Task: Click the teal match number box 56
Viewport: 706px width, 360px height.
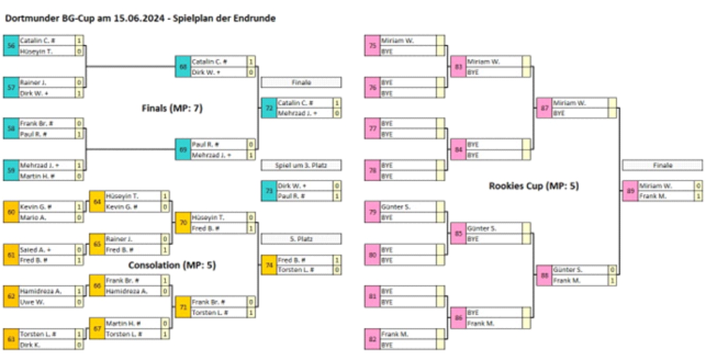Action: tap(11, 46)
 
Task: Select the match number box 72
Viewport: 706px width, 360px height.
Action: tap(268, 108)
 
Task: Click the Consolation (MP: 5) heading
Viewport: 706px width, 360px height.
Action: tap(172, 265)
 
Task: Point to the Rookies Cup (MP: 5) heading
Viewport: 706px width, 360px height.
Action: tap(534, 186)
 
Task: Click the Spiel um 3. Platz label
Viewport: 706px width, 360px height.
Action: tap(301, 166)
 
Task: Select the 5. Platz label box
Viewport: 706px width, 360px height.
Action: tap(301, 239)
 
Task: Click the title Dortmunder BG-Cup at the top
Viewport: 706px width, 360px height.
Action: tap(140, 18)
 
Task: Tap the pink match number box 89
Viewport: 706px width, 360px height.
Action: tap(630, 191)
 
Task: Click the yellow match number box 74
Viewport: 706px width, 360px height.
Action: tap(268, 265)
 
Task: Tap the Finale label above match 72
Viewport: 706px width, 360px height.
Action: tap(301, 83)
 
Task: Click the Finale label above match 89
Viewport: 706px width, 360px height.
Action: tap(662, 166)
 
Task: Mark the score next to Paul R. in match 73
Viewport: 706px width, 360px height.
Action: tap(336, 196)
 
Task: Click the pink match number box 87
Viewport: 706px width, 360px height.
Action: tap(544, 108)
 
